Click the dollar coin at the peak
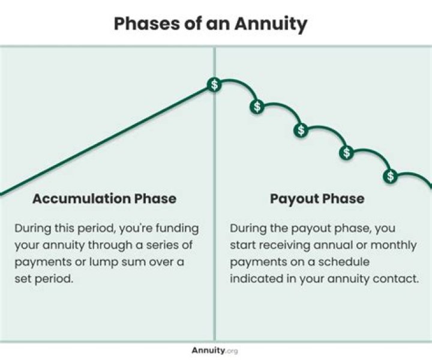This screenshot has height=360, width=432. [214, 85]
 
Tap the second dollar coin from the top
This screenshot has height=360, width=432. [257, 107]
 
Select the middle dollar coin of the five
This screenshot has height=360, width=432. [301, 130]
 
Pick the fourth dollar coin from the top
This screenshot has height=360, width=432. [346, 152]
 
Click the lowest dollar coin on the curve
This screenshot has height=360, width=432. [391, 176]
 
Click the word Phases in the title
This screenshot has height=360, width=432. [142, 24]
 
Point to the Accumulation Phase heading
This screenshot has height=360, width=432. [104, 199]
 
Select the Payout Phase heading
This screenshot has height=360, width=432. [317, 199]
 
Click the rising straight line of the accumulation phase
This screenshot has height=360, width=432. [108, 139]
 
